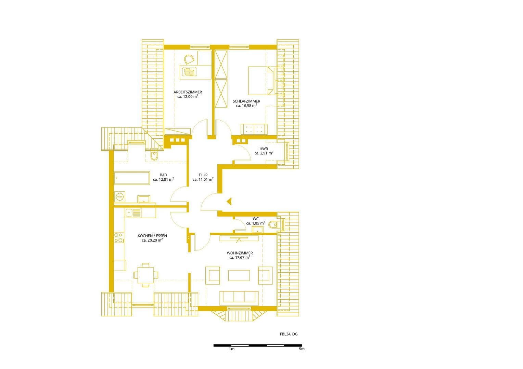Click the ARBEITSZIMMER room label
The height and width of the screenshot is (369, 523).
pyautogui.click(x=188, y=92)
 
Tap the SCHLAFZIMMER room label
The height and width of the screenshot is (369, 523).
pyautogui.click(x=246, y=101)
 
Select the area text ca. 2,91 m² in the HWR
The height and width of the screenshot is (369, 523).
pyautogui.click(x=264, y=153)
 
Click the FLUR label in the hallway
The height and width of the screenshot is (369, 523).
pyautogui.click(x=203, y=175)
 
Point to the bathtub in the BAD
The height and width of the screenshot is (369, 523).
pyautogui.click(x=132, y=178)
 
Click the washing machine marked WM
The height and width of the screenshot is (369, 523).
pyautogui.click(x=119, y=197)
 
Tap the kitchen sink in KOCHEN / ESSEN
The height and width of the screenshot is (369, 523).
pyautogui.click(x=133, y=213)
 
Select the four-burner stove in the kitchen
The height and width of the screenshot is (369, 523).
pyautogui.click(x=119, y=237)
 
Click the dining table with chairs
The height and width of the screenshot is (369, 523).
pyautogui.click(x=146, y=274)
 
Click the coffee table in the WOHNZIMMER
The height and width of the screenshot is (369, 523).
pyautogui.click(x=239, y=275)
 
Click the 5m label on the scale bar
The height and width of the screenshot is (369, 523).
pyautogui.click(x=301, y=349)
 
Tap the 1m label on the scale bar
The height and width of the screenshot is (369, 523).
pyautogui.click(x=232, y=349)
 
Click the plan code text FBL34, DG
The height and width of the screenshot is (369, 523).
pyautogui.click(x=289, y=334)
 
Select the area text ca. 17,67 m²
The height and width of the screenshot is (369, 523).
pyautogui.click(x=240, y=258)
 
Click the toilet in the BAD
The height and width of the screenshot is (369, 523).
pyautogui.click(x=154, y=155)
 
